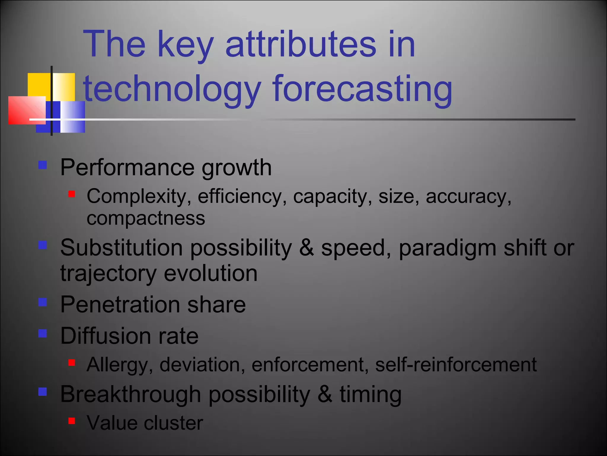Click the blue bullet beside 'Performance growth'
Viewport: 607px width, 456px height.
coord(43,165)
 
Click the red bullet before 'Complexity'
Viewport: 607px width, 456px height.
coord(71,194)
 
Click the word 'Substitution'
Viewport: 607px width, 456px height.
coord(122,248)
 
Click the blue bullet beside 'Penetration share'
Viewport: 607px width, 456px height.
coord(43,302)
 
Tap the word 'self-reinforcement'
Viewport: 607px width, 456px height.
coord(456,365)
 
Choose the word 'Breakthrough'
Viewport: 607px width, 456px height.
coord(131,395)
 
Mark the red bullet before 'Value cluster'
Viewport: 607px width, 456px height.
coord(71,421)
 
